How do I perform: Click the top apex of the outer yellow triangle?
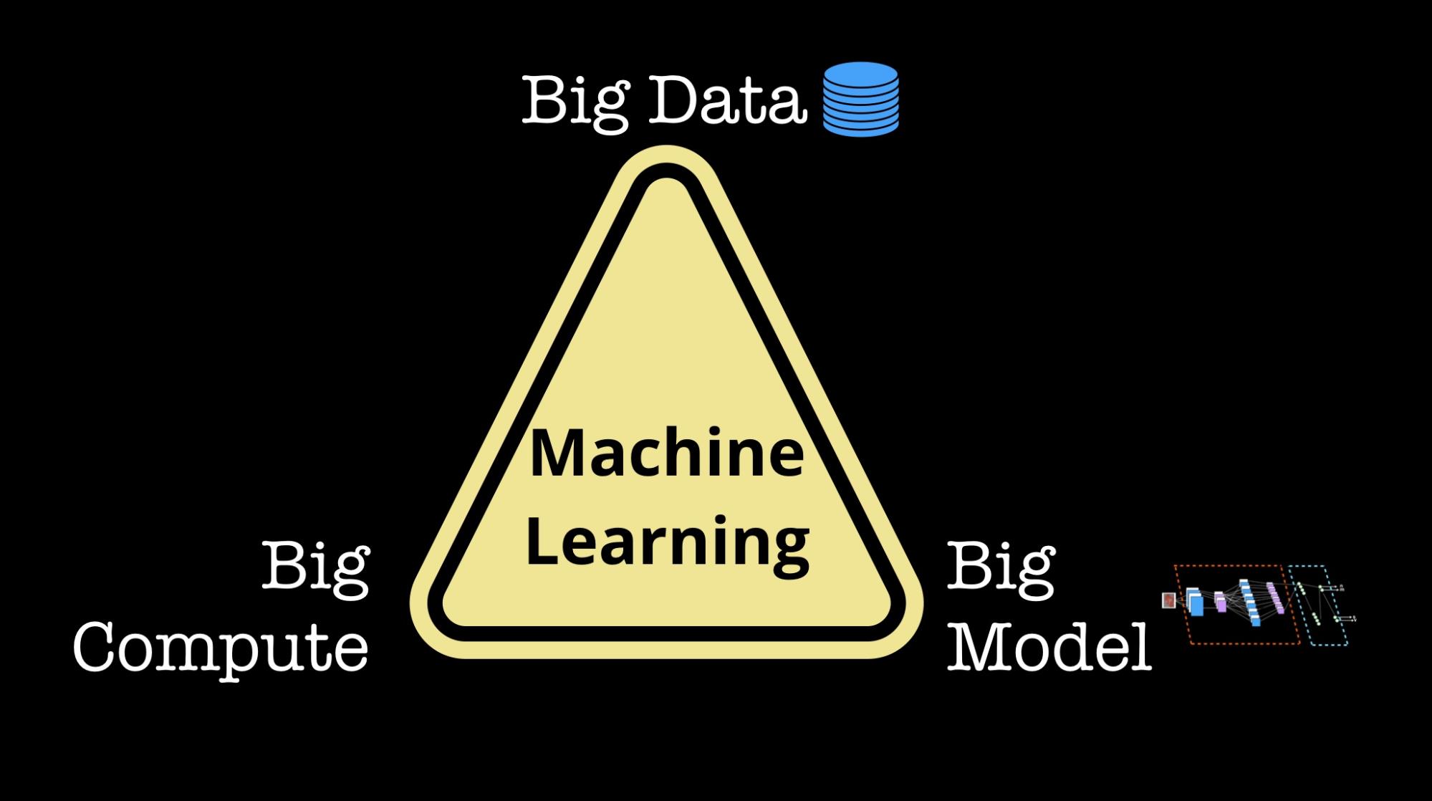click(x=667, y=148)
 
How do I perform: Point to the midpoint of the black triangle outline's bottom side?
click(x=667, y=634)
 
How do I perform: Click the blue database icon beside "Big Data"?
click(x=860, y=99)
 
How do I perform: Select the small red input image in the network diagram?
click(x=1168, y=600)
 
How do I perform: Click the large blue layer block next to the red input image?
click(x=1194, y=601)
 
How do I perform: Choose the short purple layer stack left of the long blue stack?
click(x=1220, y=602)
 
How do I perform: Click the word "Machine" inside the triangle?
click(x=667, y=453)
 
